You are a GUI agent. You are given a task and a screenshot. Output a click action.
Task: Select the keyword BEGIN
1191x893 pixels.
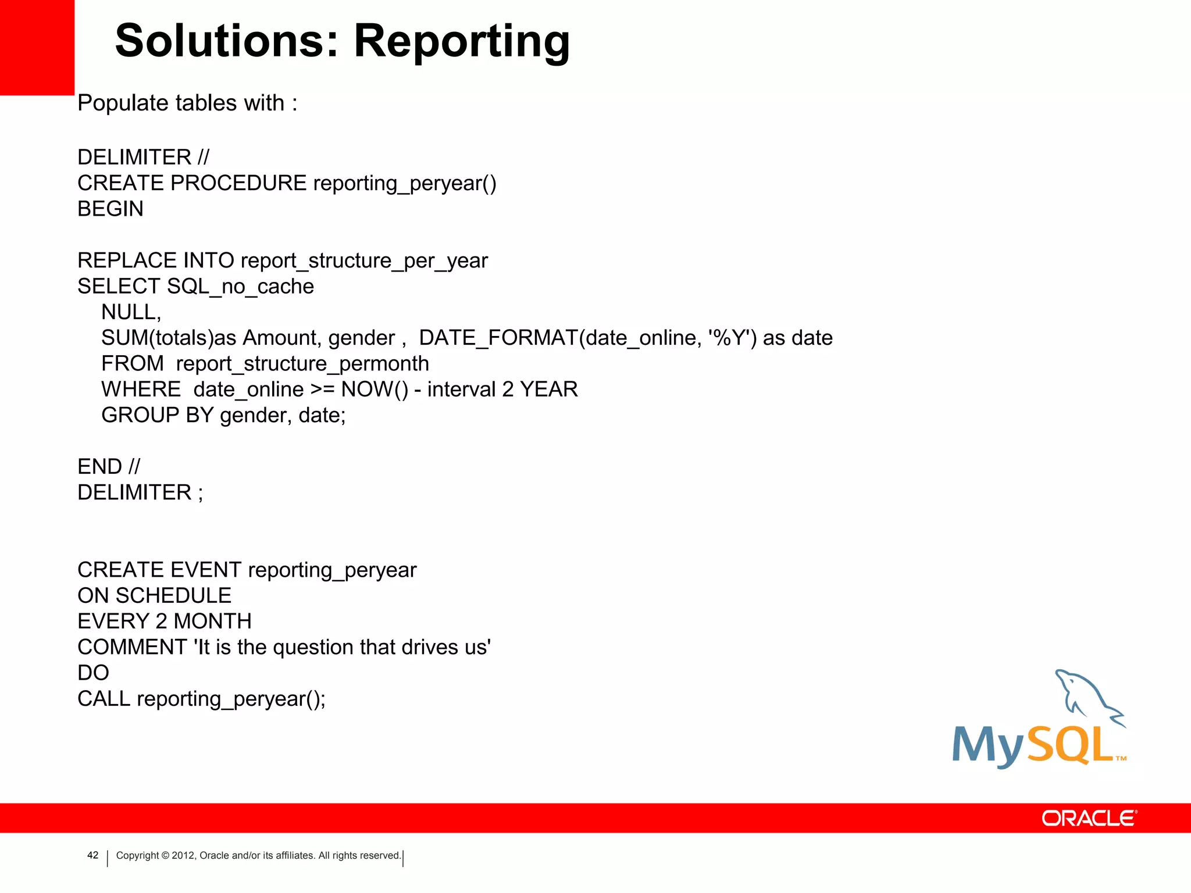(110, 209)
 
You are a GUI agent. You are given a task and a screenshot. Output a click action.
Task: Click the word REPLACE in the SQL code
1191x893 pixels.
(127, 260)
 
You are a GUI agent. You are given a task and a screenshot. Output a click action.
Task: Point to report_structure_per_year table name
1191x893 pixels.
(364, 261)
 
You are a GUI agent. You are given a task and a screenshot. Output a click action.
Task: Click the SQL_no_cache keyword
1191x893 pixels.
(240, 287)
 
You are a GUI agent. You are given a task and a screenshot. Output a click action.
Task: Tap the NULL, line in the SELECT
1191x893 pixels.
(131, 312)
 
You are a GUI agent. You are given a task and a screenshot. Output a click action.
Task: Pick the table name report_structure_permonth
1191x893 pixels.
(302, 364)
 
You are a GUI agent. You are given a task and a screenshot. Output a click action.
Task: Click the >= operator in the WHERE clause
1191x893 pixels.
(322, 390)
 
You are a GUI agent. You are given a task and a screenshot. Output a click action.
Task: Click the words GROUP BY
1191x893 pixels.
(157, 415)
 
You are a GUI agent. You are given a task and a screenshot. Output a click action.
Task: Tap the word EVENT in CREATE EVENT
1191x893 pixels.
(206, 570)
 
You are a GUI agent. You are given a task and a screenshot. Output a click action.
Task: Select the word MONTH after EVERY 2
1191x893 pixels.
(213, 621)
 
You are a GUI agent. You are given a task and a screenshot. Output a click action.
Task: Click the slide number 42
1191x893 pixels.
(92, 855)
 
